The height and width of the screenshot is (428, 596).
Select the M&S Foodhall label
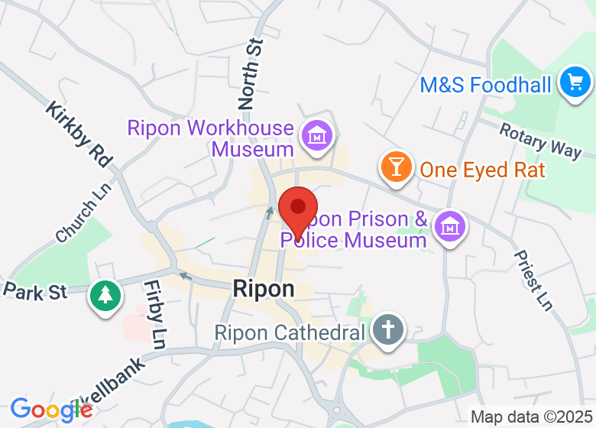[x=485, y=84]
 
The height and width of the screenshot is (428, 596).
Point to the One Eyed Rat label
[x=483, y=170]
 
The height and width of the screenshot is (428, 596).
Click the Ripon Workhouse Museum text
[x=211, y=138]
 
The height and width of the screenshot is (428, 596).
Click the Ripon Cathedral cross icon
[x=388, y=331]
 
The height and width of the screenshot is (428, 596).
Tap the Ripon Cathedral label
[x=290, y=333]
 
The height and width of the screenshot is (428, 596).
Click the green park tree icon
[x=105, y=295]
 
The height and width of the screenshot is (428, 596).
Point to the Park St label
[x=36, y=291]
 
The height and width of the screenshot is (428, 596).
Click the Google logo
[x=51, y=410]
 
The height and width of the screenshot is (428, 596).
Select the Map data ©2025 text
[x=530, y=417]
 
